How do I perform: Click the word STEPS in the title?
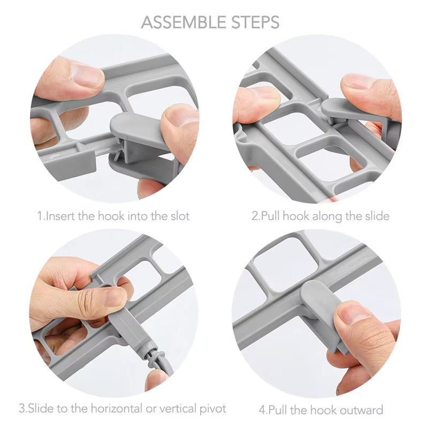[x=256, y=22]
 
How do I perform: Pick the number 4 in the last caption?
[x=262, y=410]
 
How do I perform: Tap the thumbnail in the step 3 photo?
[x=114, y=297]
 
